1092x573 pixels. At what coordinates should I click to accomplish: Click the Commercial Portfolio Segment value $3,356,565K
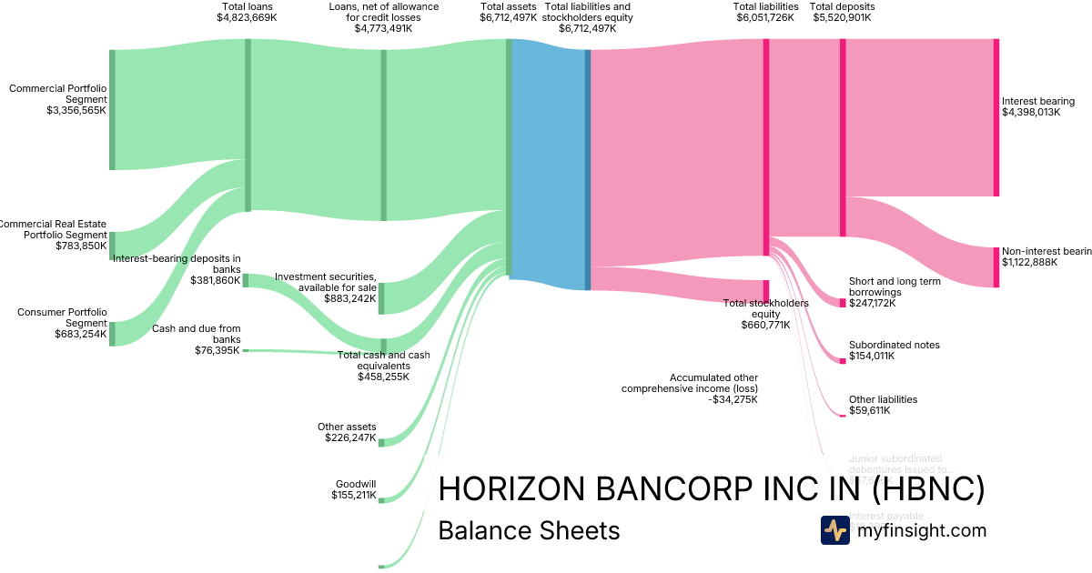[x=76, y=110]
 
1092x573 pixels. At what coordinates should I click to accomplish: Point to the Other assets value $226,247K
[x=350, y=437]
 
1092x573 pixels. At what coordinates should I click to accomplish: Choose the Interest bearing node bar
[x=996, y=117]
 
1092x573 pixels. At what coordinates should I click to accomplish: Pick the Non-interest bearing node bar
[x=996, y=266]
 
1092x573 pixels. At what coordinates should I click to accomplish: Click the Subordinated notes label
[x=894, y=345]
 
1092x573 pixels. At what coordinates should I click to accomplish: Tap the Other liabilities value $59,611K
[x=869, y=410]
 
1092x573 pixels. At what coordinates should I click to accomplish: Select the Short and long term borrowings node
[x=843, y=302]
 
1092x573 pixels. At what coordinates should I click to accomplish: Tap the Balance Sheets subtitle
[x=529, y=530]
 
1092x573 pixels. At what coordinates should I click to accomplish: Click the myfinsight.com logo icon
[x=834, y=530]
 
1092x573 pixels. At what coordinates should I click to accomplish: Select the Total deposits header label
[x=842, y=7]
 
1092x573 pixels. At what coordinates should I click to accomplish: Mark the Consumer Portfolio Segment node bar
[x=112, y=334]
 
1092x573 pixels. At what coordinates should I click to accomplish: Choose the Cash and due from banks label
[x=197, y=334]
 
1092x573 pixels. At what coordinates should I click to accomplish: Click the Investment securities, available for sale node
[x=381, y=298]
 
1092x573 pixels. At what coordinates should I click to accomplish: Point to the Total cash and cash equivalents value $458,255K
[x=383, y=377]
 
